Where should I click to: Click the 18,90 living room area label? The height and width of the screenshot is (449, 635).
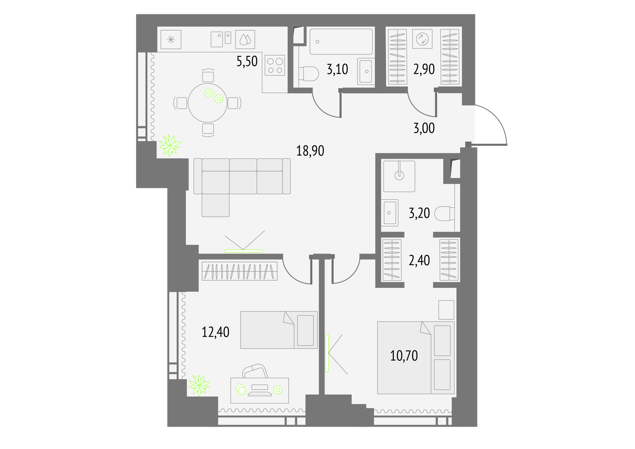click(x=310, y=150)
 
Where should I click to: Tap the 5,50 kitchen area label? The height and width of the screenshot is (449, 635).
click(x=247, y=61)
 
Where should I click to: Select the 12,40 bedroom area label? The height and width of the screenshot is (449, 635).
click(x=216, y=332)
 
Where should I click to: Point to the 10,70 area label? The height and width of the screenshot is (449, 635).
click(x=404, y=356)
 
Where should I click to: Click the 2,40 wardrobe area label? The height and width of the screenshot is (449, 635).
click(x=419, y=260)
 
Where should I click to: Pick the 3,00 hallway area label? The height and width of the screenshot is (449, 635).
click(x=424, y=128)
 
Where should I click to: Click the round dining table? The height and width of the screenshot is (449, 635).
click(x=208, y=103)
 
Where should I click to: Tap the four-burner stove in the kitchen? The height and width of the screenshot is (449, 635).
click(x=275, y=65)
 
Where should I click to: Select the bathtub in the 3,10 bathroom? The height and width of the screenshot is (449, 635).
click(x=341, y=41)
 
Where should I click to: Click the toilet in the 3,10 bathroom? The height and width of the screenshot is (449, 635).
click(x=308, y=74)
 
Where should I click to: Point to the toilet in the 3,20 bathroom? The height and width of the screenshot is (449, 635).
click(x=444, y=214)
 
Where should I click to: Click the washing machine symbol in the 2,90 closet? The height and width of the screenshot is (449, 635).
click(x=422, y=39)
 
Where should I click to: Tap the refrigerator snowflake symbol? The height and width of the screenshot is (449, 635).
click(x=171, y=40)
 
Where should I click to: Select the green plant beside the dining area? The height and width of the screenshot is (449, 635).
click(x=170, y=146)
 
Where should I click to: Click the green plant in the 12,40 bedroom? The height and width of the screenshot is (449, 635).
click(x=200, y=385)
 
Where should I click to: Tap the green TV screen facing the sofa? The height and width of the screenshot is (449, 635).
click(x=244, y=251)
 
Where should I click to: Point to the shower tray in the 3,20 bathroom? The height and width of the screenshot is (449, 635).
click(x=399, y=176)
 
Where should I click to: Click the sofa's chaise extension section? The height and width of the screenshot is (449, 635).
click(x=216, y=205)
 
